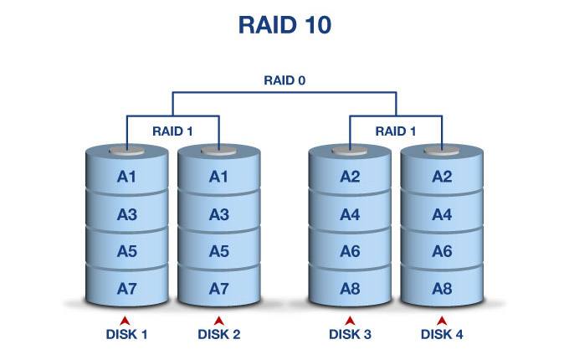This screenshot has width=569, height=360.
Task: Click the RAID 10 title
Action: point(284,24)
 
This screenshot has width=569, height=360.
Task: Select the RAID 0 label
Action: point(284,81)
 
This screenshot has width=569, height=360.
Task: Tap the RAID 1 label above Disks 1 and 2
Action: point(172,131)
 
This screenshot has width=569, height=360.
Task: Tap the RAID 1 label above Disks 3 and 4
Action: point(396,131)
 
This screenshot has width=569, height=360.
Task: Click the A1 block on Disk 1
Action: point(127,176)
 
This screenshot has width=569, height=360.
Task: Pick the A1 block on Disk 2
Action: point(218,176)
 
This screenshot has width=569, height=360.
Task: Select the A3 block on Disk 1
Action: point(127,213)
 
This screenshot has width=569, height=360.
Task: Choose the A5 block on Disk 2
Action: point(218,250)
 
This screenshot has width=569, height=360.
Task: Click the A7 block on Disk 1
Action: point(127,288)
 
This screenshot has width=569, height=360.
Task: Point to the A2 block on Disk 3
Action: point(350,176)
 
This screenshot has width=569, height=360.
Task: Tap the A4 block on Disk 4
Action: point(443,213)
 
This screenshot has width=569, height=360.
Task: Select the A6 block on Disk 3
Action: point(350,250)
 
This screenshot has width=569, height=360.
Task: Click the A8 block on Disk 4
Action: point(443,288)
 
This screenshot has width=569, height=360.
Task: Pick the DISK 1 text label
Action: point(126,335)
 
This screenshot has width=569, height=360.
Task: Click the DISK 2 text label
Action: point(218,335)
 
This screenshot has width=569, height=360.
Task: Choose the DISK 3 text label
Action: point(350,335)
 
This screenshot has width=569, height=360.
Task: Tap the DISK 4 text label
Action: point(442,335)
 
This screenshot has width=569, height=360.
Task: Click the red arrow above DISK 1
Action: point(126,320)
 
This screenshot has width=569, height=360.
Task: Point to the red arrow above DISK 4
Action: point(442,320)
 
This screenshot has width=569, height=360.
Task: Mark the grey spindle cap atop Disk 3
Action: point(350,152)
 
